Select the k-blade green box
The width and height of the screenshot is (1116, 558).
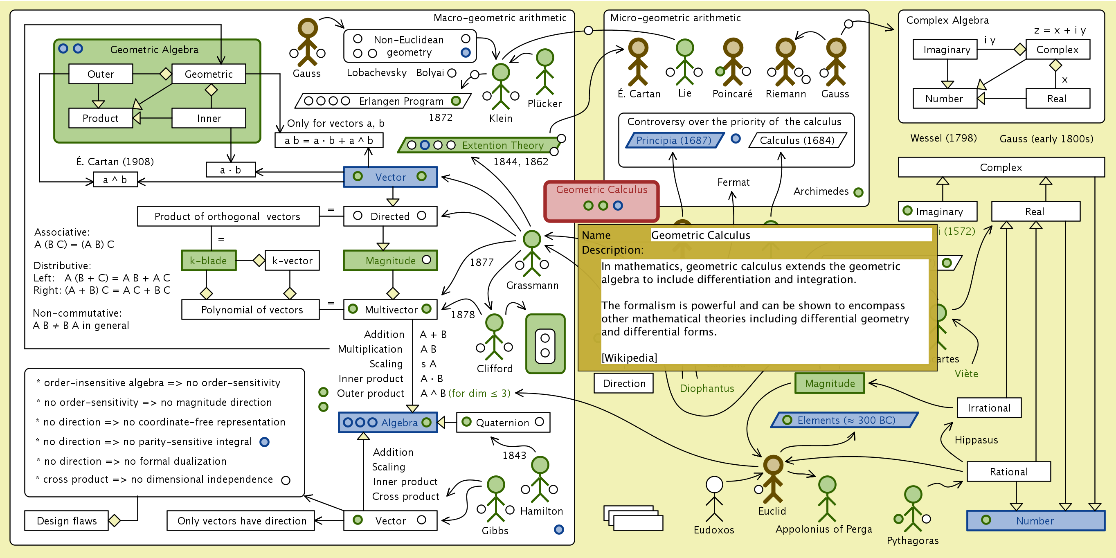pos(208,260)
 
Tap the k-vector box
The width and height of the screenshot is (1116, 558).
pos(292,260)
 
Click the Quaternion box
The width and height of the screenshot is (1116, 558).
pos(502,423)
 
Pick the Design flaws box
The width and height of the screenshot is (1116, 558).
pos(66,520)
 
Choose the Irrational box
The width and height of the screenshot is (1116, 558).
pos(989,408)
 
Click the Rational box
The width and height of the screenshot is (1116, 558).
pos(1008,471)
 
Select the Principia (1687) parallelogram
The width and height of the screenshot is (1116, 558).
pos(674,140)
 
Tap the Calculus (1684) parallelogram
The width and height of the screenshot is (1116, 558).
pos(797,140)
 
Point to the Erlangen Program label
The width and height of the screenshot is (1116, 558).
pos(401,101)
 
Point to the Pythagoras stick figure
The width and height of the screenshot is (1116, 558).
pos(913,509)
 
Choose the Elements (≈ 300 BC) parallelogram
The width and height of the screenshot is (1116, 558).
pos(845,420)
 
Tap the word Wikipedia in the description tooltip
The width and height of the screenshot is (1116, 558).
pos(629,358)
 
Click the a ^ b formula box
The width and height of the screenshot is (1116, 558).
pos(115,180)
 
